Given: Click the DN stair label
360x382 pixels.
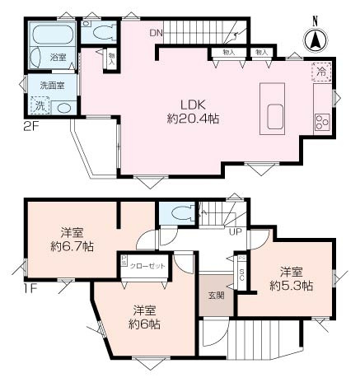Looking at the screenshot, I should [x=156, y=34].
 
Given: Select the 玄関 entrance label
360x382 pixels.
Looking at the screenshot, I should [x=214, y=296].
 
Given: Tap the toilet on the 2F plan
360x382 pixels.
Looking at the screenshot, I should [x=102, y=34].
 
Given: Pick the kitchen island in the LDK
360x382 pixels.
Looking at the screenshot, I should [x=272, y=107].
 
